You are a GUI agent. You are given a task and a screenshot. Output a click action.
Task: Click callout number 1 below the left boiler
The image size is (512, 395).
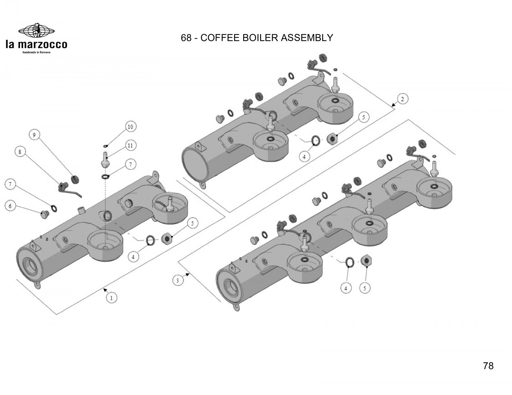111,298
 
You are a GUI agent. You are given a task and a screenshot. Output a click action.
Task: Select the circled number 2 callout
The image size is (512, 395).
402,100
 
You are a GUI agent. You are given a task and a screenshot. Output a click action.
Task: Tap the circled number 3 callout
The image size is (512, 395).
177,281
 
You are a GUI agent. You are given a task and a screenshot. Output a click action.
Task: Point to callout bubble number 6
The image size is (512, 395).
10,206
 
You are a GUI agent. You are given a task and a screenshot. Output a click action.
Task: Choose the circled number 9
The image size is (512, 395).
34,135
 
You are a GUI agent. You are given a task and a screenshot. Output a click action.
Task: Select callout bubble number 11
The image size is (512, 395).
130,146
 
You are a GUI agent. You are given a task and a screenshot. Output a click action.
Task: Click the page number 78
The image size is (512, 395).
488,366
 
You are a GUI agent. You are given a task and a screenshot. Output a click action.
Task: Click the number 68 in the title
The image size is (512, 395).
186,37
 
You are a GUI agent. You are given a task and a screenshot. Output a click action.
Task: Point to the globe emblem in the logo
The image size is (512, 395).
36,31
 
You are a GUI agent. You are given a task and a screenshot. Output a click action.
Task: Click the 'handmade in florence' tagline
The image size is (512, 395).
36,52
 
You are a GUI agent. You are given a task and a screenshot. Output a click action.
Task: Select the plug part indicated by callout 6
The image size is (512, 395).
43,215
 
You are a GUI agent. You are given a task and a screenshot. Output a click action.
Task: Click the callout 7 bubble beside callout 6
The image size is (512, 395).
10,185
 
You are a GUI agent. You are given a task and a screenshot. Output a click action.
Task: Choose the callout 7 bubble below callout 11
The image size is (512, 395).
130,165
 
